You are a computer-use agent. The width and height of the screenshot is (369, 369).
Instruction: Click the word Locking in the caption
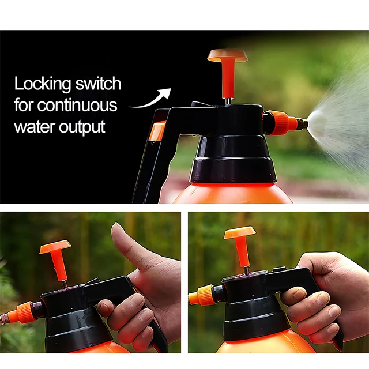click(x=43, y=85)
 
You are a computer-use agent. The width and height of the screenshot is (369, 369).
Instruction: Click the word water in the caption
click(x=33, y=126)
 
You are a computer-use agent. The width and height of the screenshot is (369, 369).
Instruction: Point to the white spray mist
click(x=340, y=121)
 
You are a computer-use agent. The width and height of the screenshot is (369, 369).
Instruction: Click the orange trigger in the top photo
click(x=157, y=130)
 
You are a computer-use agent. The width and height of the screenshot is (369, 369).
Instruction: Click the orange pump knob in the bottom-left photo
click(x=55, y=248)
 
